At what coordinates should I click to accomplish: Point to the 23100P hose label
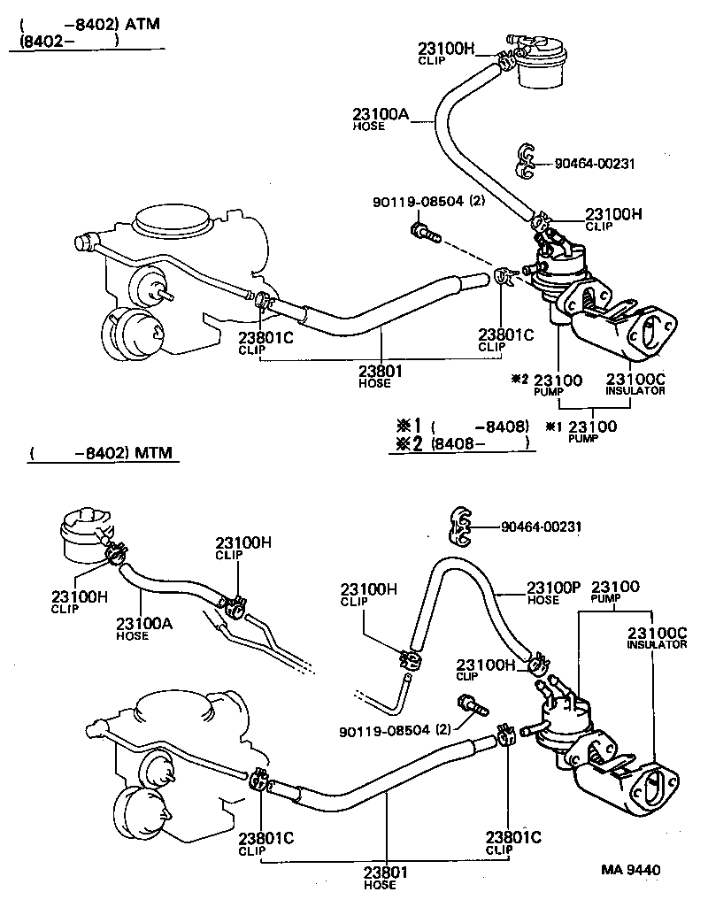pyautogui.click(x=554, y=587)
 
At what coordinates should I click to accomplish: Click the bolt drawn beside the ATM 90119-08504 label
pyautogui.click(x=424, y=233)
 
